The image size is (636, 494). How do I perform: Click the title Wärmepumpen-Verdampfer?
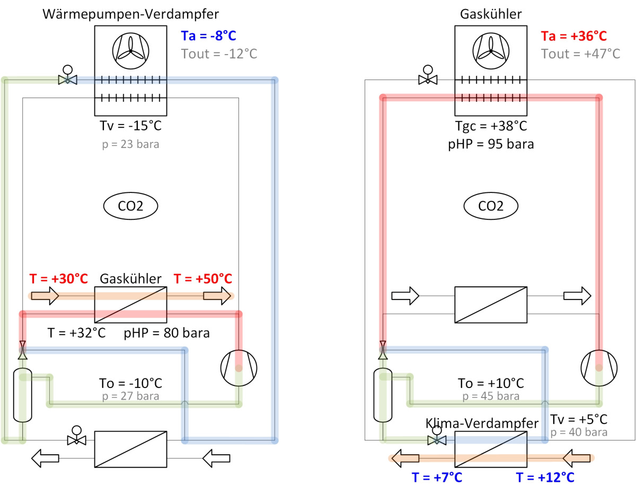[x=130, y=14]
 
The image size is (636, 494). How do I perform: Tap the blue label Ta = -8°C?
[x=208, y=36]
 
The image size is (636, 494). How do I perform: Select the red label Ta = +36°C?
[x=573, y=36]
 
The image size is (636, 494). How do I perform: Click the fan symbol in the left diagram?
[x=130, y=51]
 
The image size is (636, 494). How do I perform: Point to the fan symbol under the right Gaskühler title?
[x=491, y=51]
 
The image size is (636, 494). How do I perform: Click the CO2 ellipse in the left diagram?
[x=130, y=206]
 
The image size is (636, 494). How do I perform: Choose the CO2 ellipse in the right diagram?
[x=491, y=206]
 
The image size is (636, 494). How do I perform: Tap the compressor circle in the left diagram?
[x=239, y=368]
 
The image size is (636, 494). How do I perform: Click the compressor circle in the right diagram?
[x=599, y=368]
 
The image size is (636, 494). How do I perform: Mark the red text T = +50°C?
[x=203, y=279]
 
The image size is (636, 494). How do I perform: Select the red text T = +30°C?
[x=58, y=279]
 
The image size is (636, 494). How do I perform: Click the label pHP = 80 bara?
[x=166, y=333]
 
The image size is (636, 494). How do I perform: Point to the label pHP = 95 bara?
[x=491, y=144]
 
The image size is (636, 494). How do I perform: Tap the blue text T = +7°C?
[x=437, y=478]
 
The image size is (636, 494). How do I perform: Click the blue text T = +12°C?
[x=545, y=478]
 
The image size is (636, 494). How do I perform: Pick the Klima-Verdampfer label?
[x=482, y=423]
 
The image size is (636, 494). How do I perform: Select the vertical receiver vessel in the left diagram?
[x=23, y=395]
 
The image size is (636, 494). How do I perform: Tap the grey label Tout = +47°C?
[x=581, y=54]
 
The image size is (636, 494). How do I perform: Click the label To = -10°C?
[x=130, y=383]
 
